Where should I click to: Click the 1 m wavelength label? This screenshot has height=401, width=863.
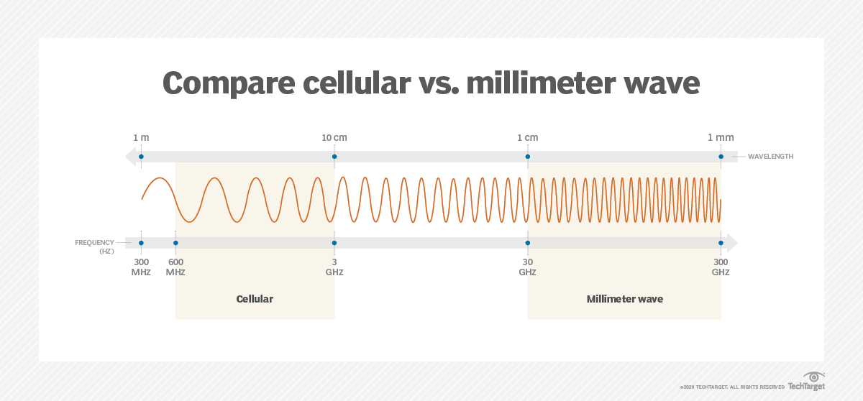pyautogui.click(x=141, y=137)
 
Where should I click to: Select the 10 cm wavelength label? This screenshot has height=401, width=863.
pyautogui.click(x=334, y=137)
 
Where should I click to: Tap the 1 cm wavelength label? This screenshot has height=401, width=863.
pyautogui.click(x=527, y=137)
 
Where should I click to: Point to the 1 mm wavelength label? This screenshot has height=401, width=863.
pyautogui.click(x=721, y=137)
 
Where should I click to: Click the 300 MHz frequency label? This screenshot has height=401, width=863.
pyautogui.click(x=141, y=267)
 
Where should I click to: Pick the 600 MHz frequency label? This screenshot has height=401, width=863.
pyautogui.click(x=175, y=267)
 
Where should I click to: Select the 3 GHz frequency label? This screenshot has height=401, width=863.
pyautogui.click(x=334, y=267)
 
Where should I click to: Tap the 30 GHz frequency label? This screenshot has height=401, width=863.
pyautogui.click(x=527, y=267)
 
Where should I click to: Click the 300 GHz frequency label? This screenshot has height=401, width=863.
pyautogui.click(x=721, y=267)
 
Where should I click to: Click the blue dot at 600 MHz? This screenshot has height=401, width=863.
pyautogui.click(x=175, y=243)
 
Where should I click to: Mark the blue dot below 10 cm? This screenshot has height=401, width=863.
pyautogui.click(x=334, y=157)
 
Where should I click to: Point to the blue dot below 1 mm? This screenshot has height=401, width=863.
pyautogui.click(x=721, y=157)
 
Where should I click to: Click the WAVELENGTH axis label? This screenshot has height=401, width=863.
pyautogui.click(x=770, y=157)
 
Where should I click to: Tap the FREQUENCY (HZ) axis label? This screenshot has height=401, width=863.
pyautogui.click(x=95, y=246)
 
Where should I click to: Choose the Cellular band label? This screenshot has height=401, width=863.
pyautogui.click(x=255, y=299)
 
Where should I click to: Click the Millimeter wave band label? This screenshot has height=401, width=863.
pyautogui.click(x=624, y=299)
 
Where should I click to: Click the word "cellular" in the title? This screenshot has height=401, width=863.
pyautogui.click(x=357, y=83)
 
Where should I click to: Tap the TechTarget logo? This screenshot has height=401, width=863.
pyautogui.click(x=806, y=382)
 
